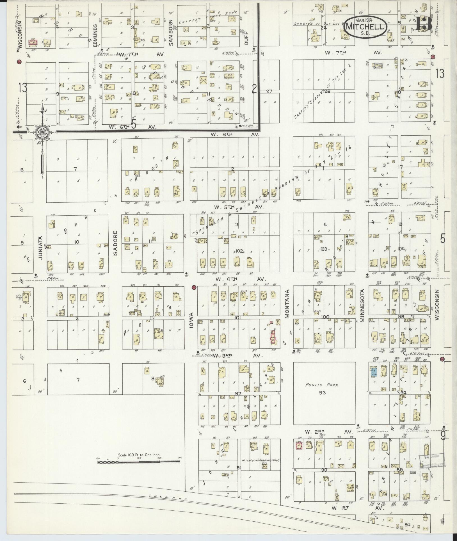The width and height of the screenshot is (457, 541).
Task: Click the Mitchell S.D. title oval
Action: tap(365, 27)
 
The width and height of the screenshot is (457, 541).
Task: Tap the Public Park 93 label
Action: tap(322, 389)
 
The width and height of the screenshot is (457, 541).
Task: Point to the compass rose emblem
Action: tap(42, 132)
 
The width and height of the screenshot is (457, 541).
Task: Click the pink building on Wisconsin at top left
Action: tap(33, 42)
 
